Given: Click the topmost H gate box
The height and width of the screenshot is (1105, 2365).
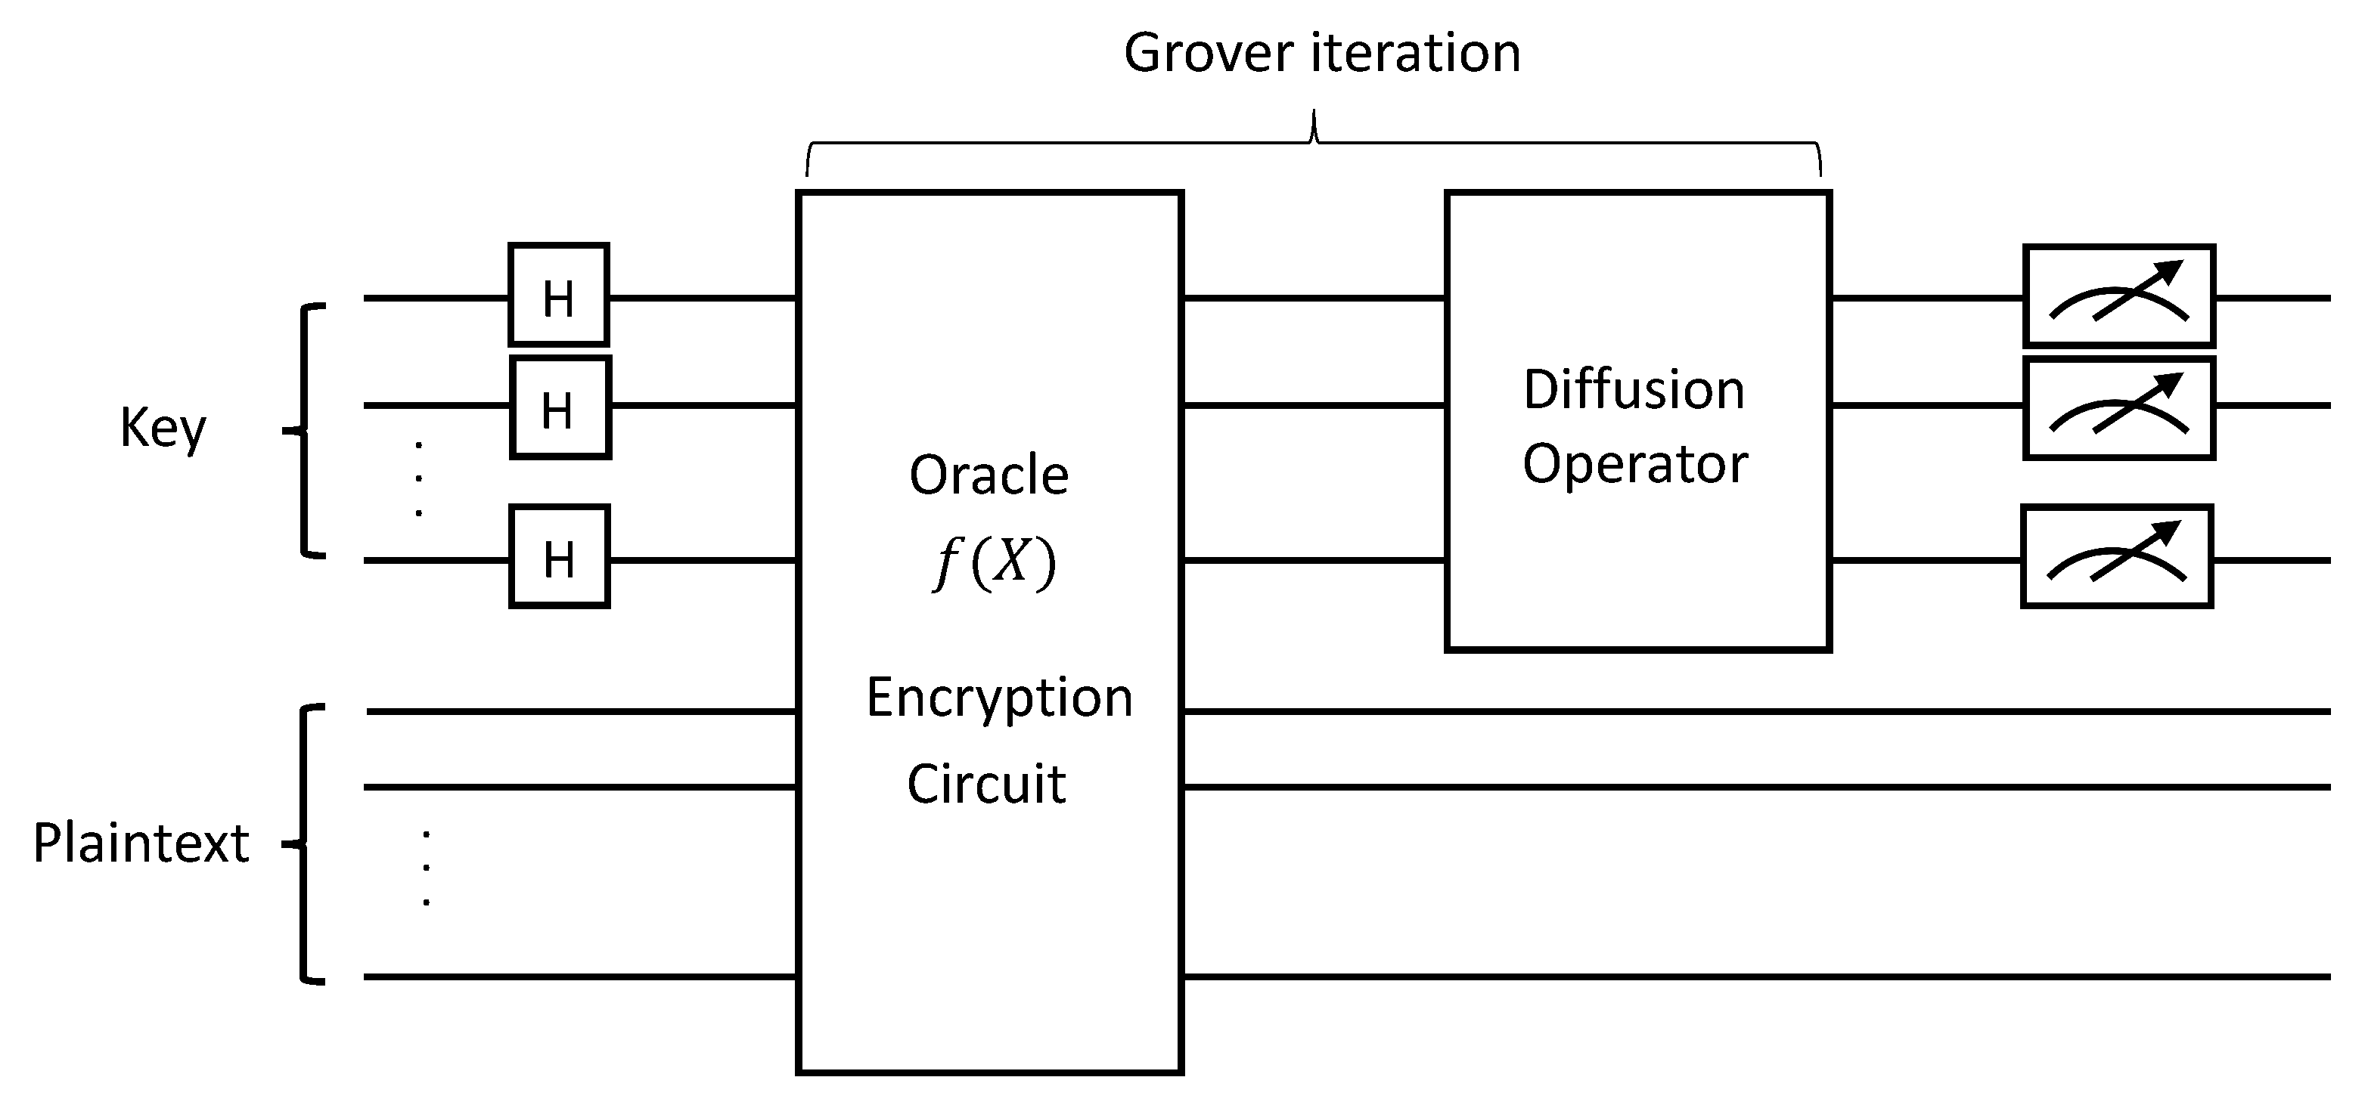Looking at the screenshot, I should coord(559,296).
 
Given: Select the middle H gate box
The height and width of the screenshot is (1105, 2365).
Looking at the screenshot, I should coord(560,407).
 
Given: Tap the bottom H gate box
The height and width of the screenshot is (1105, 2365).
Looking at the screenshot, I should coord(559,556).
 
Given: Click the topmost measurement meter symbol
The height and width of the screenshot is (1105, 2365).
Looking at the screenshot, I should coord(2119,296).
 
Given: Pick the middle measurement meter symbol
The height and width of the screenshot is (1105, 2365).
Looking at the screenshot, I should coord(2119,408).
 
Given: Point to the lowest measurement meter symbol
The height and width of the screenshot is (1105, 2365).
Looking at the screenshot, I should coord(2117,556).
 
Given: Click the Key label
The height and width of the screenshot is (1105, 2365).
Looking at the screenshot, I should coord(163,428).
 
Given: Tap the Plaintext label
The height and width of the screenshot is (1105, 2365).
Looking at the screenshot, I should coord(141,843).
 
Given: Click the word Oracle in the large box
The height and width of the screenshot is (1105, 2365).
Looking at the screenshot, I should coord(989,475).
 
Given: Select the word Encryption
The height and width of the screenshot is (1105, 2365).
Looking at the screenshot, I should coord(999,698).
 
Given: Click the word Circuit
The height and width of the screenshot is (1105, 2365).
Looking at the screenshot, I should coord(986,784).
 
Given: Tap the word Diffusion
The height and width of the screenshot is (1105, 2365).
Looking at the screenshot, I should coord(1634,389).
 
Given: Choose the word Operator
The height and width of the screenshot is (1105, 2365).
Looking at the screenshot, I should coord(1635,464).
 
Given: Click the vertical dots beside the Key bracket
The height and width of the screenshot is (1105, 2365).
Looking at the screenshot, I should coord(419,479).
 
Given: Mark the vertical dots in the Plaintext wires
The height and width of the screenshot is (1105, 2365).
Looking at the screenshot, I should coord(426,868).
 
